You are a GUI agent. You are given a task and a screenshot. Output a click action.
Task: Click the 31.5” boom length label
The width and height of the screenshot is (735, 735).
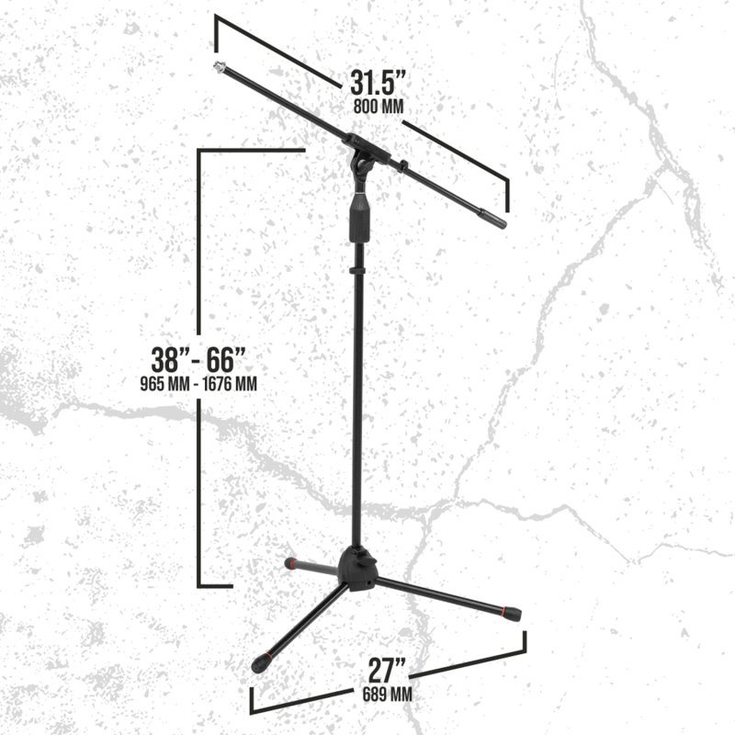pos(378,84)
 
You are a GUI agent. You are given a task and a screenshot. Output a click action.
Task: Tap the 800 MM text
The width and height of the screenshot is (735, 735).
pos(379,107)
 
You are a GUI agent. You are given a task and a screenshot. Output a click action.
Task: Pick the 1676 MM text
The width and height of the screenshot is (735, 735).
pos(230,384)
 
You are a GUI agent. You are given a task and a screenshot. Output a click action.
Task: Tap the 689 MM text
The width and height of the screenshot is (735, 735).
pos(387,695)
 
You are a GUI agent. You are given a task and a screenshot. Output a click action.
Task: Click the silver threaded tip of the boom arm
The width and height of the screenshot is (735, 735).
pos(219,67)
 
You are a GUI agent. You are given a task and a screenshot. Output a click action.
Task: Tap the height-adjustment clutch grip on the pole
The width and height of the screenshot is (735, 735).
pos(359,218)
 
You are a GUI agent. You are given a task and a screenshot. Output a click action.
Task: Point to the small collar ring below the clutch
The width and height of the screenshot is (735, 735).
pos(358,271)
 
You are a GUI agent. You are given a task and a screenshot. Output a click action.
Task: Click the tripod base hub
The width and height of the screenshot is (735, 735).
pos(357,569)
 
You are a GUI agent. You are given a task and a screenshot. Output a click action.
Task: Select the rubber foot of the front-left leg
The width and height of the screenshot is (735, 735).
pos(260,663)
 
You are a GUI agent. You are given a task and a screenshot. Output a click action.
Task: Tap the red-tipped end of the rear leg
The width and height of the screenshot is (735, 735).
pos(291,563)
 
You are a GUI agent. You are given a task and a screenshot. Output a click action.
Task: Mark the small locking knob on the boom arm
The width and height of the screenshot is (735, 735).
pos(403,166)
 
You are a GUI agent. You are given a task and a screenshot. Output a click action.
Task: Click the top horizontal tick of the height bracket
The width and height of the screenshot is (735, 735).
pos(251,150)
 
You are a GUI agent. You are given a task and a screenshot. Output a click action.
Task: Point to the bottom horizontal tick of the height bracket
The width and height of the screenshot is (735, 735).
pos(215,586)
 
